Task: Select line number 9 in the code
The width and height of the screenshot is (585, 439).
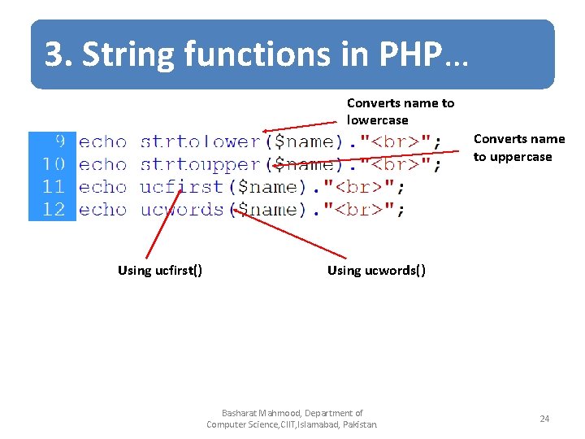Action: pos(59,141)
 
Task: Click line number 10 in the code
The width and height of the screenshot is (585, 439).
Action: pos(54,164)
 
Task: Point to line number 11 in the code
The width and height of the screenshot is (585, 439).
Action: pos(54,187)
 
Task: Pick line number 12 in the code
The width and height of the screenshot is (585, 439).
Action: pos(54,210)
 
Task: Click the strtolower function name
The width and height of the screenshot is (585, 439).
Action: pos(200,141)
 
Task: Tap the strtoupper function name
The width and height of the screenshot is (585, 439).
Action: pos(200,164)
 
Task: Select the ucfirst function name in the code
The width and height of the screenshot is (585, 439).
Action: pos(181,187)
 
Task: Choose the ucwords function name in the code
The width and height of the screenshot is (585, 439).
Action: pos(181,210)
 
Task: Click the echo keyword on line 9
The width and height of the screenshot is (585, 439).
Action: pos(103,141)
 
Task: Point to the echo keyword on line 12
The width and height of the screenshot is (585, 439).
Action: pos(103,210)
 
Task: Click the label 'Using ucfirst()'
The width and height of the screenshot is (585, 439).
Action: pos(160,271)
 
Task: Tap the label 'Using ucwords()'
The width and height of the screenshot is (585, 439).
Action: pos(376,271)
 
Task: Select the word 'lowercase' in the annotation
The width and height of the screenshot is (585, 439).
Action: pos(378,120)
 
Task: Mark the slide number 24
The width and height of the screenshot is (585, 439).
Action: pos(544,419)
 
